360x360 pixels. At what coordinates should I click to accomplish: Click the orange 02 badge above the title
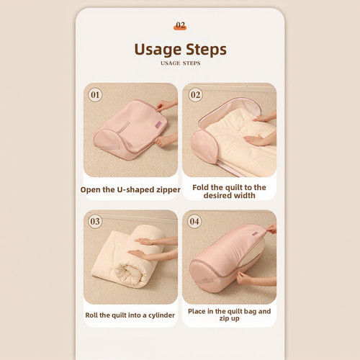tap(180, 26)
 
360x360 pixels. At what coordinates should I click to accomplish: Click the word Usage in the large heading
tap(158, 50)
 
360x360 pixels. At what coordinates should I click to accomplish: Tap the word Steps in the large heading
tap(206, 50)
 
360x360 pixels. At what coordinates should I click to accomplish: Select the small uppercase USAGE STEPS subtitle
tap(181, 63)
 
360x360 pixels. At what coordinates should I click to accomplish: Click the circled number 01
tap(95, 94)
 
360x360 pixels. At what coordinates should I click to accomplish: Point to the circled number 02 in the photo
tap(195, 94)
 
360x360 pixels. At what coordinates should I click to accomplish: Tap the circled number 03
tap(95, 221)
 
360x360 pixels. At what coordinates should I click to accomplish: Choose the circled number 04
tap(194, 221)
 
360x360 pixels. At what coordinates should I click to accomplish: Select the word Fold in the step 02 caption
tap(201, 187)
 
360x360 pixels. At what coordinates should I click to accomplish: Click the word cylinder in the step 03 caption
tap(161, 315)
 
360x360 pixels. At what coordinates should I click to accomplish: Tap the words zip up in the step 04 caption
tap(229, 318)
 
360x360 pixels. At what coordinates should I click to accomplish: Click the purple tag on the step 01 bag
tap(159, 125)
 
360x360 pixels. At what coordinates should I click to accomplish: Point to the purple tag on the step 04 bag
tap(255, 233)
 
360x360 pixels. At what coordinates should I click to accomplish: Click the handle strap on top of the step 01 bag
tap(124, 127)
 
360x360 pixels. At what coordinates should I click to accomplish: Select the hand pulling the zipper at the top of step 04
tap(272, 229)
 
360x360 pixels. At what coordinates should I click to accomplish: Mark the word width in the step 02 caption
tap(245, 195)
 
